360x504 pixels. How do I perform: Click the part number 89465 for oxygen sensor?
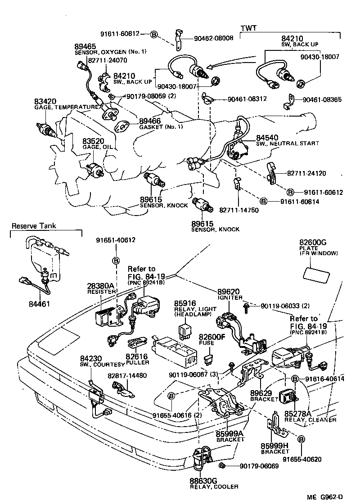coord(85,46)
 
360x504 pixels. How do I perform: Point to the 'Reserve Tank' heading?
coord(34,226)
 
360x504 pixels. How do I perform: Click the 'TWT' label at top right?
coord(248,28)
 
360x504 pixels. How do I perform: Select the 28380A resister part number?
coord(99,286)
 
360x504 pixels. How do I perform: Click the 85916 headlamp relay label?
coord(185,304)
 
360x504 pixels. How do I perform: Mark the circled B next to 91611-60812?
coord(153,34)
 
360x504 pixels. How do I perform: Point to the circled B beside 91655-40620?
coord(301,439)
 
